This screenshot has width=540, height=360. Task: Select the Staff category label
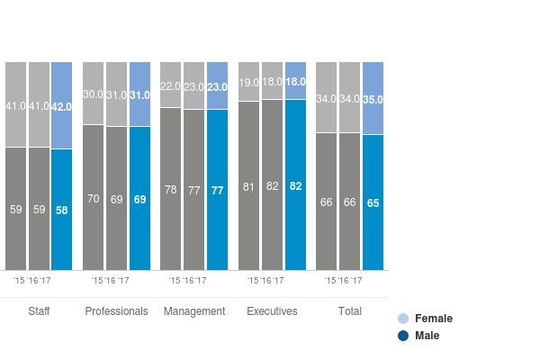[39, 311]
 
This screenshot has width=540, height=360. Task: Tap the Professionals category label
[116, 311]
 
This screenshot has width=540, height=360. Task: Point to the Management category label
[193, 311]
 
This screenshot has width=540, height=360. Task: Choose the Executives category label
[272, 311]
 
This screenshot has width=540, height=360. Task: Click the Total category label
[349, 311]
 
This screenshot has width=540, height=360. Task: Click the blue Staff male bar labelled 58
[62, 209]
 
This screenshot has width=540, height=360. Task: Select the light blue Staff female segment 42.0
[62, 105]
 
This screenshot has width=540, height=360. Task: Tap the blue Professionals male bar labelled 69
[139, 198]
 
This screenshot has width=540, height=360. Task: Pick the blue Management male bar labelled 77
[217, 190]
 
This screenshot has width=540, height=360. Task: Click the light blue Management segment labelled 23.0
[217, 86]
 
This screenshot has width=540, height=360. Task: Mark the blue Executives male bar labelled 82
[295, 184]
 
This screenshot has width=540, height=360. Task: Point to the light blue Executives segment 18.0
[295, 81]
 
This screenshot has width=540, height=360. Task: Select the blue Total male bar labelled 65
[373, 202]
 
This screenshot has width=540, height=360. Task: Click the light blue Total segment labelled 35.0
[373, 99]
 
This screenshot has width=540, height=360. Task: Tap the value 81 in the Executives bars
[248, 187]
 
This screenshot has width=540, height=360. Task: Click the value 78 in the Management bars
[171, 190]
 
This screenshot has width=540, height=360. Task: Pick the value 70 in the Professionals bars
[94, 198]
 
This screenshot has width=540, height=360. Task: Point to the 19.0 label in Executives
[248, 82]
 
